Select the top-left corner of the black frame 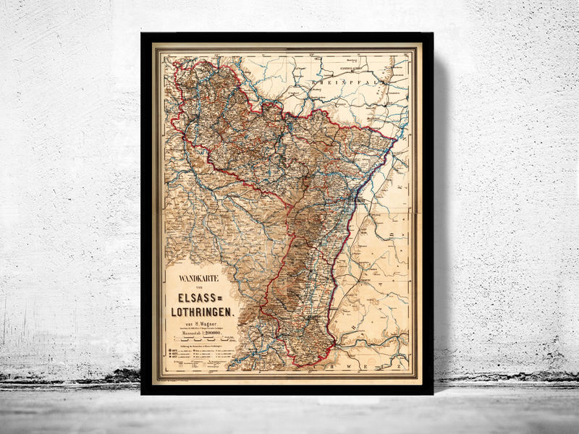coord(143,34)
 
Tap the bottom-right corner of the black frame coord(432,393)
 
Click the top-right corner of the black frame coord(432,34)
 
